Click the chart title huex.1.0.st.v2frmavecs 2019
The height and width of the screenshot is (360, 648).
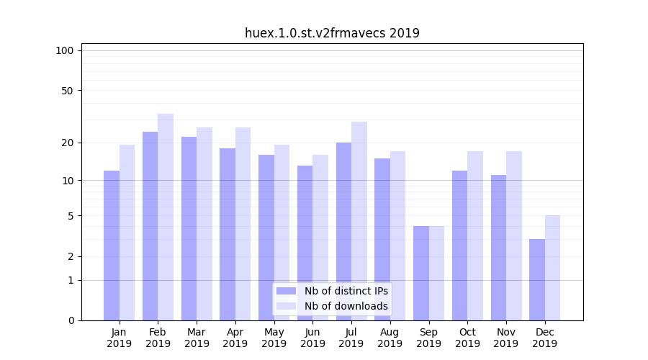click(x=332, y=33)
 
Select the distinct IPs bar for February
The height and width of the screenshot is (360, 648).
click(x=150, y=226)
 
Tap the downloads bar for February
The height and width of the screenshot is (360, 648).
click(x=166, y=217)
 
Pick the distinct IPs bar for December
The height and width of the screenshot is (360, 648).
click(x=537, y=279)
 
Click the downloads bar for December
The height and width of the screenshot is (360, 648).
click(x=553, y=268)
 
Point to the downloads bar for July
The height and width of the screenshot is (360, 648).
click(x=359, y=221)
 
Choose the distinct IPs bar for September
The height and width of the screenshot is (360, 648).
click(x=421, y=273)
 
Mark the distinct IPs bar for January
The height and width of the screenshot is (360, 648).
click(x=112, y=246)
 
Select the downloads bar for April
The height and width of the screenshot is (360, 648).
click(x=243, y=224)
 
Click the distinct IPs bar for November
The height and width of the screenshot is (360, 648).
click(x=498, y=248)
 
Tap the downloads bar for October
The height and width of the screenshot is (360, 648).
click(x=475, y=235)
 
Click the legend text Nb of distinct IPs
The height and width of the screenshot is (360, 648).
click(x=346, y=291)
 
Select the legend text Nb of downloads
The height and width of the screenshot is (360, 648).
click(x=346, y=306)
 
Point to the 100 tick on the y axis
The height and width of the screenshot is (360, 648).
click(x=65, y=50)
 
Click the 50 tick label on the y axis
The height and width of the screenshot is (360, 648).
click(x=67, y=91)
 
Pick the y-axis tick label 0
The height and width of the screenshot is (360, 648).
click(x=71, y=320)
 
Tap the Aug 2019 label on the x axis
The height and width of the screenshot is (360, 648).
click(x=390, y=338)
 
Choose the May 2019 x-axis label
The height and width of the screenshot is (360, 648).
click(x=274, y=338)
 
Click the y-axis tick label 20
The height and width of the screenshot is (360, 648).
click(x=67, y=143)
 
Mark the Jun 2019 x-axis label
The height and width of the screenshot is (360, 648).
click(x=312, y=338)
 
